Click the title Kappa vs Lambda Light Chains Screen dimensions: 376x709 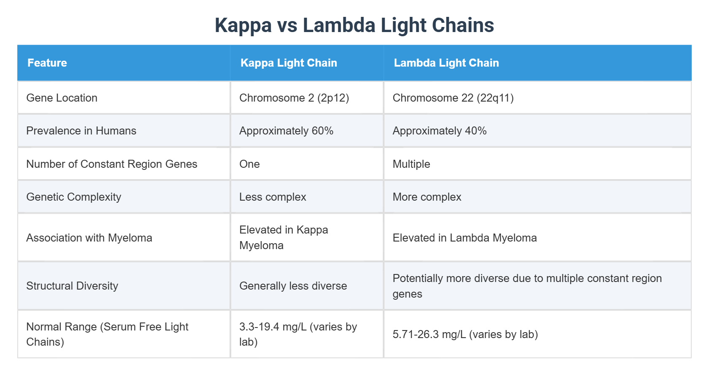354,25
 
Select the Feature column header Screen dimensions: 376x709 47,63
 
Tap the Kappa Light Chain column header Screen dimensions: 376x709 289,63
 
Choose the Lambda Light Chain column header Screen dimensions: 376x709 446,63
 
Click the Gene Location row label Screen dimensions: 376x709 62,98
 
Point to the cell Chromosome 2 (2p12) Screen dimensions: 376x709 294,98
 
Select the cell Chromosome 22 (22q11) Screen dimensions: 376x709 453,98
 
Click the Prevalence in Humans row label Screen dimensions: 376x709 81,131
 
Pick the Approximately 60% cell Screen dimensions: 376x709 286,131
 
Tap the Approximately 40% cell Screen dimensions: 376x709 439,131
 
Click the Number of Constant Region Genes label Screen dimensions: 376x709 111,164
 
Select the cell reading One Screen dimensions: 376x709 249,164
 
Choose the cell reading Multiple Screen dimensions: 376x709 411,164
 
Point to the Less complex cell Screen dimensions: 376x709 273,197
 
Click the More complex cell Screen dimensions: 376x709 427,197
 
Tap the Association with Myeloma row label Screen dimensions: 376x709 89,238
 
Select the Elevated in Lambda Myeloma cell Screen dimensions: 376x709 464,238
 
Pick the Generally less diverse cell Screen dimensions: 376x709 293,286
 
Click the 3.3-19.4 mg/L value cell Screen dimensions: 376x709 298,334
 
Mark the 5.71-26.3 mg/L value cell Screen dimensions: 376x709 465,334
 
